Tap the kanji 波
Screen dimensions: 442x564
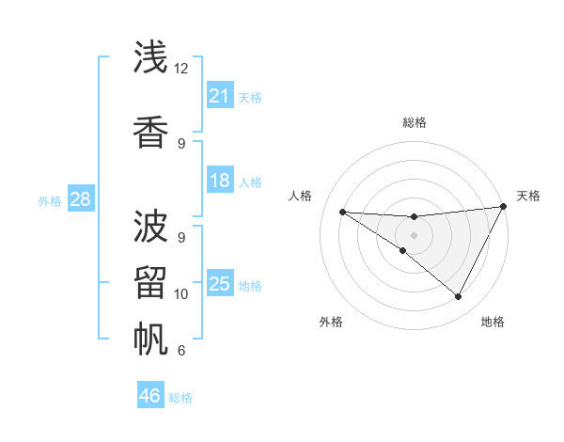[151, 226]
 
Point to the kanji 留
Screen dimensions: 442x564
[151, 283]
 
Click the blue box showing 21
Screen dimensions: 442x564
[220, 96]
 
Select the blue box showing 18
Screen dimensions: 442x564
[220, 181]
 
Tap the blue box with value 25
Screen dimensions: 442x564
[220, 284]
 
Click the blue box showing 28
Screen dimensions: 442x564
[80, 199]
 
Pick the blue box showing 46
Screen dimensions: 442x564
[150, 396]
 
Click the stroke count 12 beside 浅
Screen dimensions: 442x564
[181, 69]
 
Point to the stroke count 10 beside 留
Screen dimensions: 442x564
[181, 294]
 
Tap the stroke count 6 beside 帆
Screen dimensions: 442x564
[181, 351]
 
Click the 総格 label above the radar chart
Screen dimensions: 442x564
[414, 122]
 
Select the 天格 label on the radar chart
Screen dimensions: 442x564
[528, 196]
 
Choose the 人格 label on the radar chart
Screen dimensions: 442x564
[300, 196]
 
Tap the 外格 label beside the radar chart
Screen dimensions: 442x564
[331, 322]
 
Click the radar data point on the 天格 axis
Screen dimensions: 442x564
[505, 207]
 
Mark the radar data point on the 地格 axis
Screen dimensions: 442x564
[459, 297]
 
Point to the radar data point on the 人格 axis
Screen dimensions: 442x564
[342, 212]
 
